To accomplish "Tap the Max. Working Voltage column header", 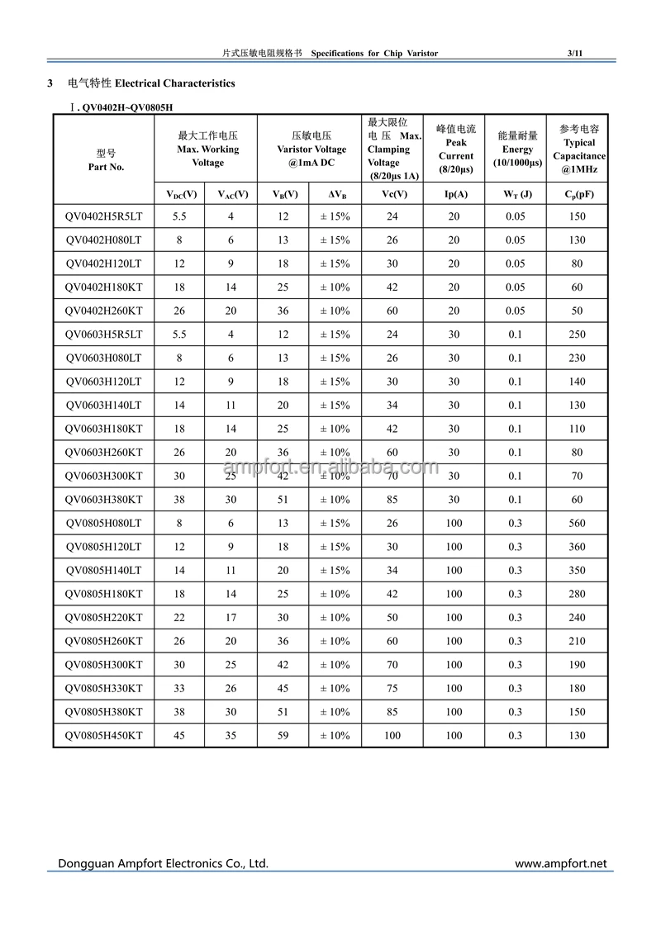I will point(207,150).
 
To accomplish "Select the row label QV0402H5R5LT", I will point(103,216).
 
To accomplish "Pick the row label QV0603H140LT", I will point(103,406).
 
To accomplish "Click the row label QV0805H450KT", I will point(103,736).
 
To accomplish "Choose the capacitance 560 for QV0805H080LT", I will point(577,524).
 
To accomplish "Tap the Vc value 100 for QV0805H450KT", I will point(392,736).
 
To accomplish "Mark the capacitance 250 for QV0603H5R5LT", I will point(577,335).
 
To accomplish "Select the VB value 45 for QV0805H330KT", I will point(283,689).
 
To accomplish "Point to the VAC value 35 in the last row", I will point(231,736).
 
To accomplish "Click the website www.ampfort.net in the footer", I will point(560,864).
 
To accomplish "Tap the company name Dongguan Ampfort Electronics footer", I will point(163,864).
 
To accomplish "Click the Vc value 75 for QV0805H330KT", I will point(392,689).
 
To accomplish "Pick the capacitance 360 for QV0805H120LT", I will point(577,547).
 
